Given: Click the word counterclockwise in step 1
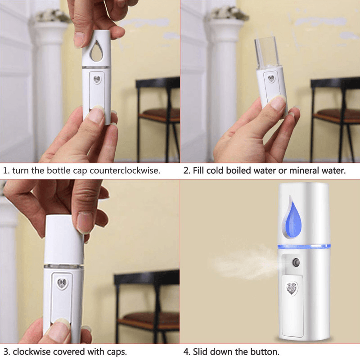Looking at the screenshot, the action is [x=125, y=171].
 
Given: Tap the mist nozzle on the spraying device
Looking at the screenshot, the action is [x=296, y=262].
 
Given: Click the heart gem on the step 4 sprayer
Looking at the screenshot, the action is [x=292, y=288].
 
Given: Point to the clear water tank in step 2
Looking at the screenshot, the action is [x=266, y=53].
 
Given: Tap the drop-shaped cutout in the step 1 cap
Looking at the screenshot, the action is [x=97, y=51].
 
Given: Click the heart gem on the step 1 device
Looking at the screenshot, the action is [x=97, y=80].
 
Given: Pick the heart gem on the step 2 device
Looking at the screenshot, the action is [x=271, y=79].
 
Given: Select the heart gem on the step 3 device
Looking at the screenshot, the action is [x=62, y=283].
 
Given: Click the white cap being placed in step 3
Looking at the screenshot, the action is [x=63, y=239].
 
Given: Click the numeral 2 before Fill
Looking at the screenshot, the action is [x=186, y=171].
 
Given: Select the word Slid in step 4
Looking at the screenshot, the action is [x=200, y=351].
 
